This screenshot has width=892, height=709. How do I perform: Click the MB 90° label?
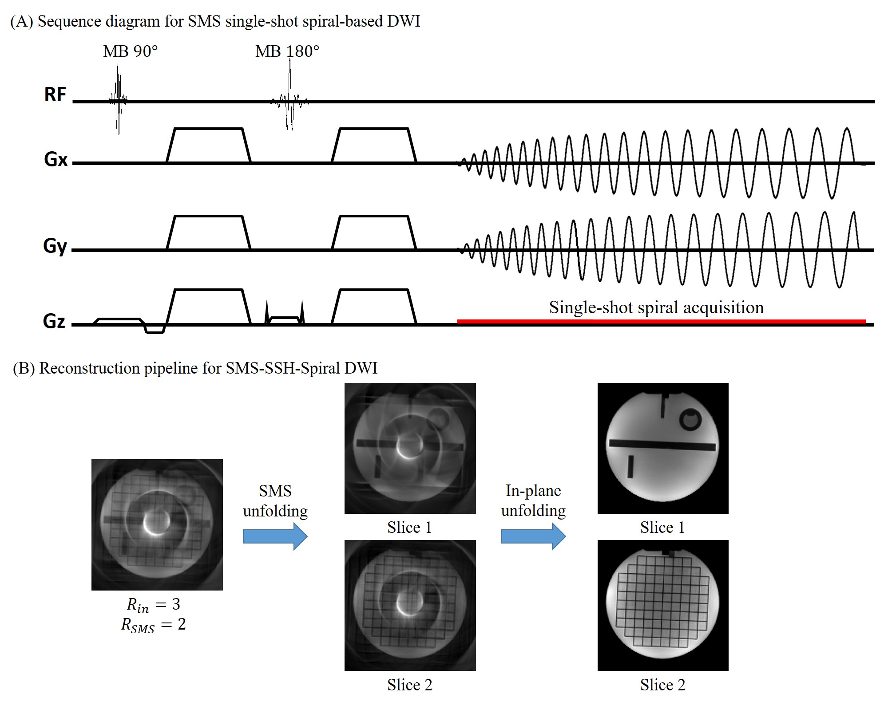point(130,51)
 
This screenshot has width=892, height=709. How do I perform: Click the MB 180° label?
point(287,51)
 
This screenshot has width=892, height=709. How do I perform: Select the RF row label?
point(55,95)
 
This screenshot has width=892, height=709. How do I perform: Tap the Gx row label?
point(56,159)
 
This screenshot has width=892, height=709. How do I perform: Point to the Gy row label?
point(55,246)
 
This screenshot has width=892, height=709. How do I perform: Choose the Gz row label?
point(54,321)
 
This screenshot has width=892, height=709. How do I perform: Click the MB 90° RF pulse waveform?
point(118,99)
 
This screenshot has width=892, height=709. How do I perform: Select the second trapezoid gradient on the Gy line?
point(374,232)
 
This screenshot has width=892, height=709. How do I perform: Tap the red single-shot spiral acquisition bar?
point(661,321)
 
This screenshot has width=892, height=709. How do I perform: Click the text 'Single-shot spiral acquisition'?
point(656,307)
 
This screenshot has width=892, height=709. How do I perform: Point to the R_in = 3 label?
point(154,605)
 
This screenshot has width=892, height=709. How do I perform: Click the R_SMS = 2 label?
point(154,625)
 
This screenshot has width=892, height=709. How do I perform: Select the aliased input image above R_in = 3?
point(157,524)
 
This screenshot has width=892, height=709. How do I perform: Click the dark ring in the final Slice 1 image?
point(690,419)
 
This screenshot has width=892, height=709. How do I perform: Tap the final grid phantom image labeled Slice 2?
point(663,605)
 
